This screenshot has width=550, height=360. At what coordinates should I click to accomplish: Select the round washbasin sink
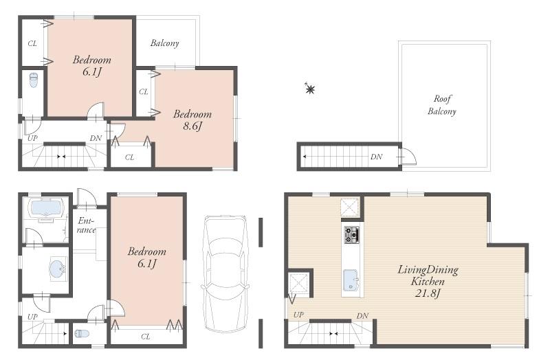(x=58, y=268)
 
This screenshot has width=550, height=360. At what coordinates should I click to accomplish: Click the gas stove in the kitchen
(x=351, y=235)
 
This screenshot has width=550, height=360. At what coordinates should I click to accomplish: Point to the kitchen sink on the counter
(x=351, y=279)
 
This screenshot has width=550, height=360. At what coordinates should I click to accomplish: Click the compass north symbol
(x=309, y=89)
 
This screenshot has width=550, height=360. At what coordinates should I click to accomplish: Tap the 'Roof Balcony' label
(x=442, y=104)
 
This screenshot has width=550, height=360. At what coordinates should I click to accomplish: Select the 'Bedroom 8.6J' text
(x=192, y=120)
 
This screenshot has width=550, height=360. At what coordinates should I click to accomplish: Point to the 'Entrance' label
(x=86, y=225)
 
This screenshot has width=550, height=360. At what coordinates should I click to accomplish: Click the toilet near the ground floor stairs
(x=82, y=334)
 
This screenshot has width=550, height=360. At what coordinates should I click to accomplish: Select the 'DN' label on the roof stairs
(x=376, y=157)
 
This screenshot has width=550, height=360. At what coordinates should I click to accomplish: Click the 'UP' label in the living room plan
(x=298, y=315)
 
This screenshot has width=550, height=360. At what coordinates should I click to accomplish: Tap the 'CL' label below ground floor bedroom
(x=146, y=337)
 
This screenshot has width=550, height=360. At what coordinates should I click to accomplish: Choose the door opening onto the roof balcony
(x=408, y=157)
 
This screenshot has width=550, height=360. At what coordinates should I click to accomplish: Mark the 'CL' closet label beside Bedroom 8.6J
(x=143, y=91)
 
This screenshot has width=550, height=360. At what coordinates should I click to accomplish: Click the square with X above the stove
(x=351, y=207)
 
